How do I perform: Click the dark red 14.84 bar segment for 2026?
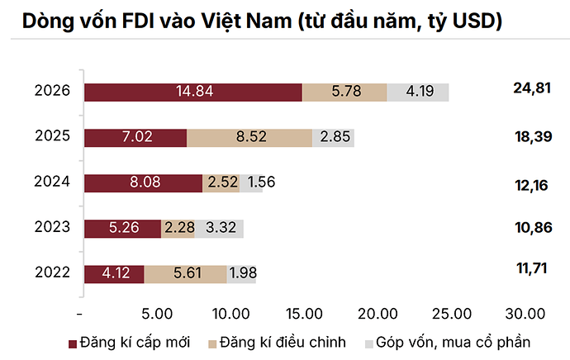(x=193, y=92)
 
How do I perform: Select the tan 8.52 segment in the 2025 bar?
(x=249, y=138)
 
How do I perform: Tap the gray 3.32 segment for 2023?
(x=219, y=229)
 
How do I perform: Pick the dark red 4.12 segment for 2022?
(x=114, y=274)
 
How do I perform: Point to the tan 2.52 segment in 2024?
(x=221, y=183)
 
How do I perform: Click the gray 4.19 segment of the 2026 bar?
(x=418, y=92)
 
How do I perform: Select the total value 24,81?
(x=532, y=88)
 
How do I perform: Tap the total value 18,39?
(x=534, y=136)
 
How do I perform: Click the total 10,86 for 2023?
(x=534, y=227)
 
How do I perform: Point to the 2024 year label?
(x=52, y=182)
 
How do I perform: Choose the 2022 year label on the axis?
(x=52, y=272)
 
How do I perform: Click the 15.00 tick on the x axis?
(x=304, y=314)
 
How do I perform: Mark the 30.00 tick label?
(x=525, y=314)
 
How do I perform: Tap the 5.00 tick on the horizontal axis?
(x=157, y=314)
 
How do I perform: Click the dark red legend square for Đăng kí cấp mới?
(x=73, y=343)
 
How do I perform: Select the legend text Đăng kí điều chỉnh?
(x=283, y=342)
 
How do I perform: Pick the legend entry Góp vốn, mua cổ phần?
(x=453, y=343)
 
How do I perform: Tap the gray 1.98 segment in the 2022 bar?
(x=241, y=274)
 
